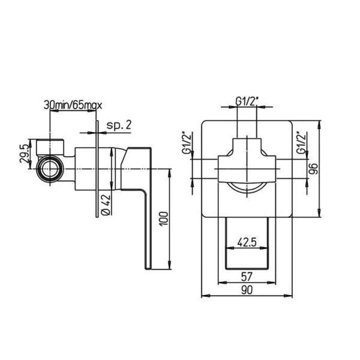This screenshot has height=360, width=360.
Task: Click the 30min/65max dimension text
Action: click(73, 106)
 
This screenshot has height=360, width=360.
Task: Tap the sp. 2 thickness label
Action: click(119, 125)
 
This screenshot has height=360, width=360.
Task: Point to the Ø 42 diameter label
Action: click(106, 205)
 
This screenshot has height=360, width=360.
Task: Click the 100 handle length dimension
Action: click(164, 219)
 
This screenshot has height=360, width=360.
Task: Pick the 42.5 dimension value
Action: click(247, 242)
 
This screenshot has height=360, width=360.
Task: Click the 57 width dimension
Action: click(247, 277)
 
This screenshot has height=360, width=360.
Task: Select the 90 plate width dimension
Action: click(247, 290)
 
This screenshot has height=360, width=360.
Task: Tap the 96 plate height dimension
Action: click(313, 169)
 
